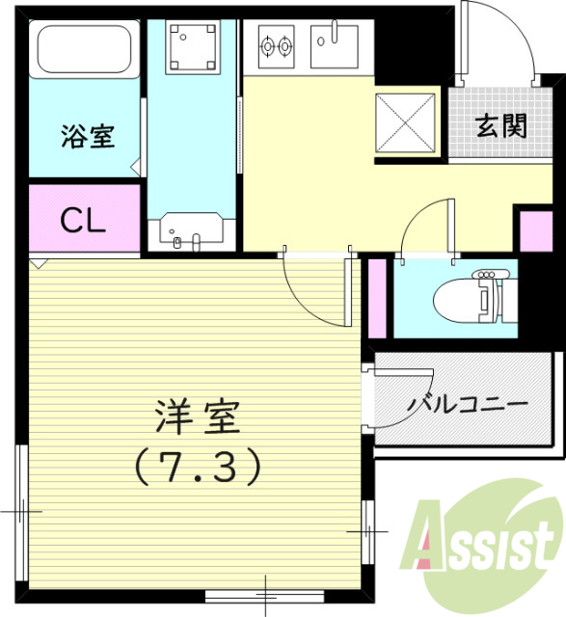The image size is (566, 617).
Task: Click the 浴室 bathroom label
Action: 89,137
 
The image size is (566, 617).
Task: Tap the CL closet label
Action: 83,221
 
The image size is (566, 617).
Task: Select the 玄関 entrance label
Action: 500,125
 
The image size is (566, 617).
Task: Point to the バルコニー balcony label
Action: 468,404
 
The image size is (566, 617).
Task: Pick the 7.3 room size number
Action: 198,469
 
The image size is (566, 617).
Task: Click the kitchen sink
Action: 334,44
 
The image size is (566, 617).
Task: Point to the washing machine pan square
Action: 194,45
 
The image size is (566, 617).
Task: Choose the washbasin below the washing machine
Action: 192,232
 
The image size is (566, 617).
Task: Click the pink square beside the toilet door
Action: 533,230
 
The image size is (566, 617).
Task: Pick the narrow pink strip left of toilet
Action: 377,295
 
